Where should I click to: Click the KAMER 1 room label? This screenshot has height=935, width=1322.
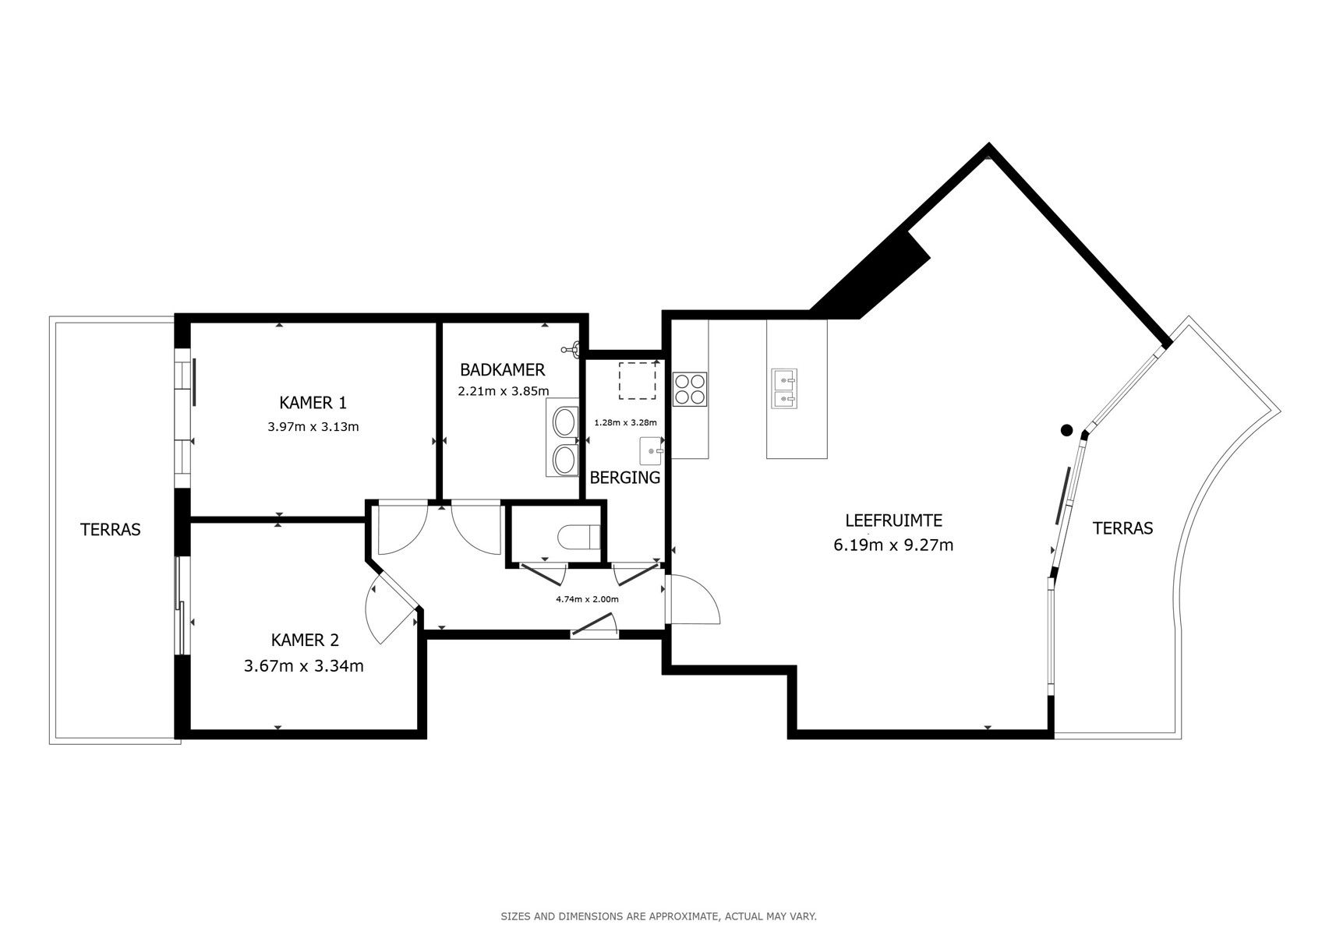point(313,403)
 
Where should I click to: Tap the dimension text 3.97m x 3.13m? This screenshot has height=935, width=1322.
point(313,427)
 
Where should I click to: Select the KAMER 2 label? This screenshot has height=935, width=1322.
point(305,640)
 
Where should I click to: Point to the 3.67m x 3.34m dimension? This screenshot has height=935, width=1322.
point(304,666)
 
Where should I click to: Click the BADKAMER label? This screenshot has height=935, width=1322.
point(502,370)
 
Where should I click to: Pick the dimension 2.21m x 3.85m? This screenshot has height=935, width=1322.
point(504,391)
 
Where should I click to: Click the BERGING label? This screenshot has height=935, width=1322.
point(625,478)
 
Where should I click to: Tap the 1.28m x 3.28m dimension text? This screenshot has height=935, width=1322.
point(625,422)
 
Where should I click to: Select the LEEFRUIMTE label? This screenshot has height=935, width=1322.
point(894,520)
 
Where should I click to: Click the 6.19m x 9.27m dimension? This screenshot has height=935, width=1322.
point(893,545)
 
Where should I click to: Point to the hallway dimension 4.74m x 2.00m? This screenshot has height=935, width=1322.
point(587,599)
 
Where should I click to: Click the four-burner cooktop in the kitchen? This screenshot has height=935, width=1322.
point(690,389)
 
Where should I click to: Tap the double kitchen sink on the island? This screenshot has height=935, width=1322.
point(785,389)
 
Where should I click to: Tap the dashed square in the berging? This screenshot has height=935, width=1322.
point(637,380)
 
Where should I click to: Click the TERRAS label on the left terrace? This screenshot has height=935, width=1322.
point(111,530)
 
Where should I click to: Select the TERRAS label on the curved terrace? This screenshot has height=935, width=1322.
point(1122,528)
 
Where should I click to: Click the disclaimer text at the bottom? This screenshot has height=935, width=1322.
point(659,916)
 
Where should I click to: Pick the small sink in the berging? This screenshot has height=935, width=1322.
point(651,451)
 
